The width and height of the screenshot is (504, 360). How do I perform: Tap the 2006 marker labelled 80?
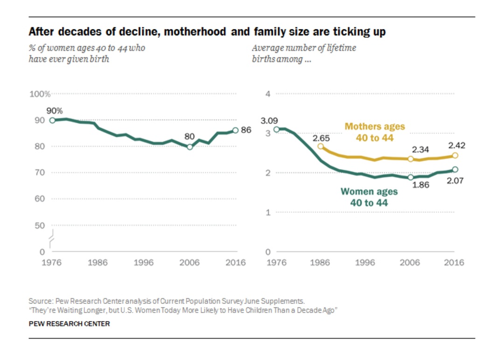tap(189, 147)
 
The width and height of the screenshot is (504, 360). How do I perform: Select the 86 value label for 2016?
tap(246, 130)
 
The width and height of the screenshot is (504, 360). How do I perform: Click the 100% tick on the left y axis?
tap(40, 94)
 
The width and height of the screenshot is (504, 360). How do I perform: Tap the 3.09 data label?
tap(269, 121)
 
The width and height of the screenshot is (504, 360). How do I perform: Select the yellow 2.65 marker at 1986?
tap(321, 146)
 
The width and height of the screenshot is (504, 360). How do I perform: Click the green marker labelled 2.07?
tap(455, 169)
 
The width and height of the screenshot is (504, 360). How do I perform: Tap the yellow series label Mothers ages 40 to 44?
tap(375, 132)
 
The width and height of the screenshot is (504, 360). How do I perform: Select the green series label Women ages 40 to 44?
tap(369, 197)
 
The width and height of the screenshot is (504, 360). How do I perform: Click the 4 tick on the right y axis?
tap(267, 94)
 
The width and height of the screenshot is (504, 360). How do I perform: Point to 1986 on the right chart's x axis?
tap(320, 262)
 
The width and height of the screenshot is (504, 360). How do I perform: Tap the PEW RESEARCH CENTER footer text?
tap(70, 324)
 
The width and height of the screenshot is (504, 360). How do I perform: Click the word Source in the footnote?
tap(39, 301)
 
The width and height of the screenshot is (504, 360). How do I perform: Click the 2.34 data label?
tap(420, 149)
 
